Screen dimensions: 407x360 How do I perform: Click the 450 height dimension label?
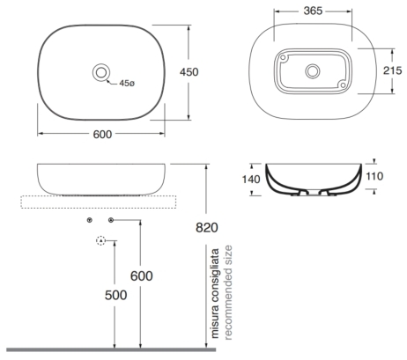point(189,72)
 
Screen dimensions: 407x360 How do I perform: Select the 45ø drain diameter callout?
point(127,84)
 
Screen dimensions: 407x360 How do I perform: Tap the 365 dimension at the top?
point(313,11)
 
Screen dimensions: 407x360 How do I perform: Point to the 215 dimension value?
point(392,70)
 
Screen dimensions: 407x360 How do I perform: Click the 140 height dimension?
point(251,180)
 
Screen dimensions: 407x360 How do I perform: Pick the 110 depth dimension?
point(374,176)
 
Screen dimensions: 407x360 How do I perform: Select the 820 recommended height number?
point(207,227)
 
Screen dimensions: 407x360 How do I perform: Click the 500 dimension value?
point(116,295)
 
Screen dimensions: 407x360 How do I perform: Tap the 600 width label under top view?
point(102,135)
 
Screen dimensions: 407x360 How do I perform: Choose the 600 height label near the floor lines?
point(142,276)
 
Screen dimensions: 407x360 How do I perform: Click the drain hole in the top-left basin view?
point(101,72)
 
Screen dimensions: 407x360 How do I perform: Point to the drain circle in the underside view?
point(313,71)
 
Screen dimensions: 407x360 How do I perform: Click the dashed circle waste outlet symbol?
point(100,240)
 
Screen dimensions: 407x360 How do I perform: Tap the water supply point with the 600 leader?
point(111,220)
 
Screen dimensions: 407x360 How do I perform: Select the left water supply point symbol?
point(90,220)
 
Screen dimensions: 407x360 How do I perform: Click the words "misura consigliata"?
point(215,293)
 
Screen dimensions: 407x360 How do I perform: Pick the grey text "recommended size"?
point(228,292)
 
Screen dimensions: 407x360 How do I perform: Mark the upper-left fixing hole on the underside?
point(283,57)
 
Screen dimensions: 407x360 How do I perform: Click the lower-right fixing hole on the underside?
point(343,85)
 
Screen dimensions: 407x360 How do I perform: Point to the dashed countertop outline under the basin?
point(99,209)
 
